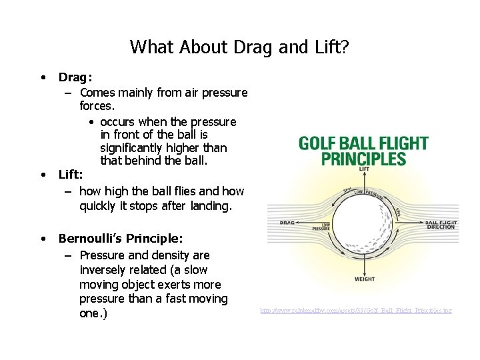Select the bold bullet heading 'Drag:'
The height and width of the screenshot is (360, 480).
pyautogui.click(x=75, y=77)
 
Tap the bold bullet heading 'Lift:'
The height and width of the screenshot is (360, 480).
pyautogui.click(x=71, y=175)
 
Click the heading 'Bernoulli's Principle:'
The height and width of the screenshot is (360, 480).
pyautogui.click(x=121, y=238)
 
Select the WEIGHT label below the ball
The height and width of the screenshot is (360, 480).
pyautogui.click(x=364, y=279)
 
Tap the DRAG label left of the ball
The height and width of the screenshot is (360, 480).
pyautogui.click(x=287, y=223)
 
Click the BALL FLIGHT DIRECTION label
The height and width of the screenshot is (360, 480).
pyautogui.click(x=441, y=225)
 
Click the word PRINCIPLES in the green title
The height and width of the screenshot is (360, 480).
pyautogui.click(x=363, y=159)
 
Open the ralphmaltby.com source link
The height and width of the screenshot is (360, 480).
pyautogui.click(x=355, y=311)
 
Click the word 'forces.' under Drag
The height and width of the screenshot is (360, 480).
pyautogui.click(x=97, y=106)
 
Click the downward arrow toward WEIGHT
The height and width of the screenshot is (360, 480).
pyautogui.click(x=364, y=265)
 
